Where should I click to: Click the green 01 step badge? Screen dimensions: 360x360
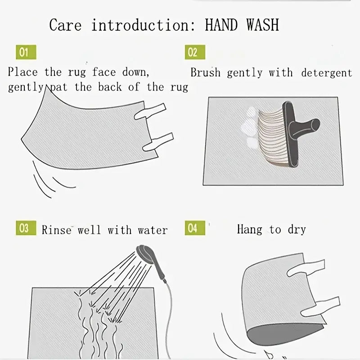point(26,52)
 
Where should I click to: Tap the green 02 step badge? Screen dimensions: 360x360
point(195,52)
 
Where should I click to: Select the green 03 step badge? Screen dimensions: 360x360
point(26,228)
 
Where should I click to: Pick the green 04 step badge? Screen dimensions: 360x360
point(195,228)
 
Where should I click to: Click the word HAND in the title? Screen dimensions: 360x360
point(221,25)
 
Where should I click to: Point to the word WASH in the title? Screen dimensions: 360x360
point(263,25)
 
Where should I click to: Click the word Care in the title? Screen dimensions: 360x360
point(65,25)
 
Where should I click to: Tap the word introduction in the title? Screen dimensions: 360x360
point(143,25)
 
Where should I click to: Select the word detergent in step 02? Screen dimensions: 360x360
point(327,73)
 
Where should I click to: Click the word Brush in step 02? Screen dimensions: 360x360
point(205,72)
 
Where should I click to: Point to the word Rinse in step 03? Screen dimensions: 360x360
point(57,230)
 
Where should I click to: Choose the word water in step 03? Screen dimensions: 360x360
point(153,230)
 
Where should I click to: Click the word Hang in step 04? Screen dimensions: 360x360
point(249,229)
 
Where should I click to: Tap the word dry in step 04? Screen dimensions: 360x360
point(297,229)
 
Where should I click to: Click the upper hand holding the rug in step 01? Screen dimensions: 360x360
point(150,111)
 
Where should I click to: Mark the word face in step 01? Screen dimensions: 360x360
point(104,72)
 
